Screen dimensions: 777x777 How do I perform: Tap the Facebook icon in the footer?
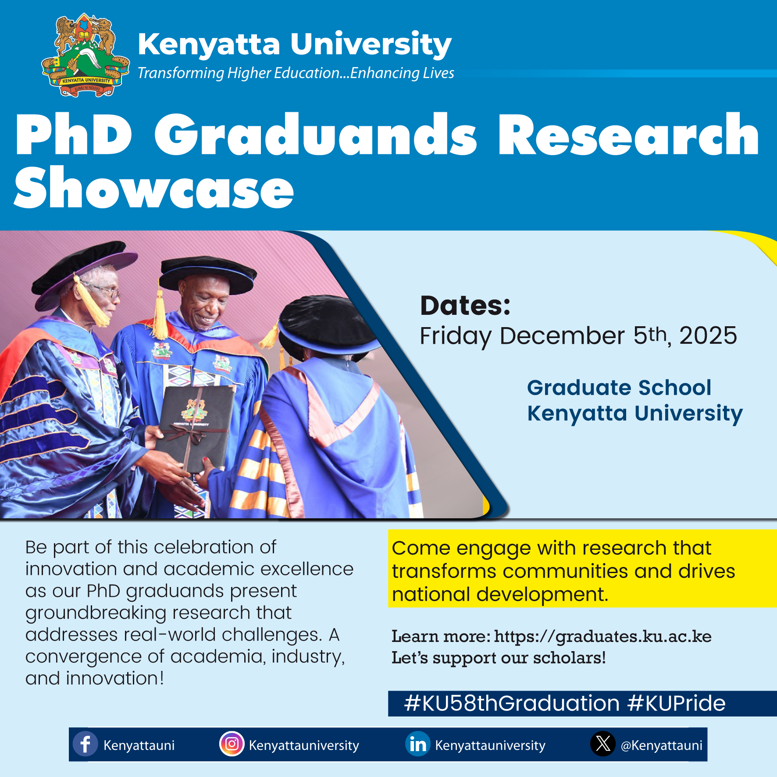coord(85,744)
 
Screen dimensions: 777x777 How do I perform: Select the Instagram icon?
coord(232,744)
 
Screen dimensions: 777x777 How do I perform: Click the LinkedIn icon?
coord(418,744)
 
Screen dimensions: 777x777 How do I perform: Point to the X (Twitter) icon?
coord(603,744)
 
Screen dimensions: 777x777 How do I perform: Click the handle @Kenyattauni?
coord(661,745)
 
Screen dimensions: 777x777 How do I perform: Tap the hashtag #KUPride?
coord(676,703)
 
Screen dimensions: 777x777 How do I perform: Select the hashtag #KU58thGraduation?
coord(512,703)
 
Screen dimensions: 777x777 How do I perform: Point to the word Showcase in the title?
coord(154,188)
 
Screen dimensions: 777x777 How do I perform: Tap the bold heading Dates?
coord(465,305)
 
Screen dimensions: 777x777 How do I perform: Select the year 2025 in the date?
coord(708,335)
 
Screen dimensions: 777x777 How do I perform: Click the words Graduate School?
coord(619,388)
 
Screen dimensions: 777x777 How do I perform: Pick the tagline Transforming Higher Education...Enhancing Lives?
coord(296,73)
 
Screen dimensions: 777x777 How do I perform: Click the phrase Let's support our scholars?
coord(499,658)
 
